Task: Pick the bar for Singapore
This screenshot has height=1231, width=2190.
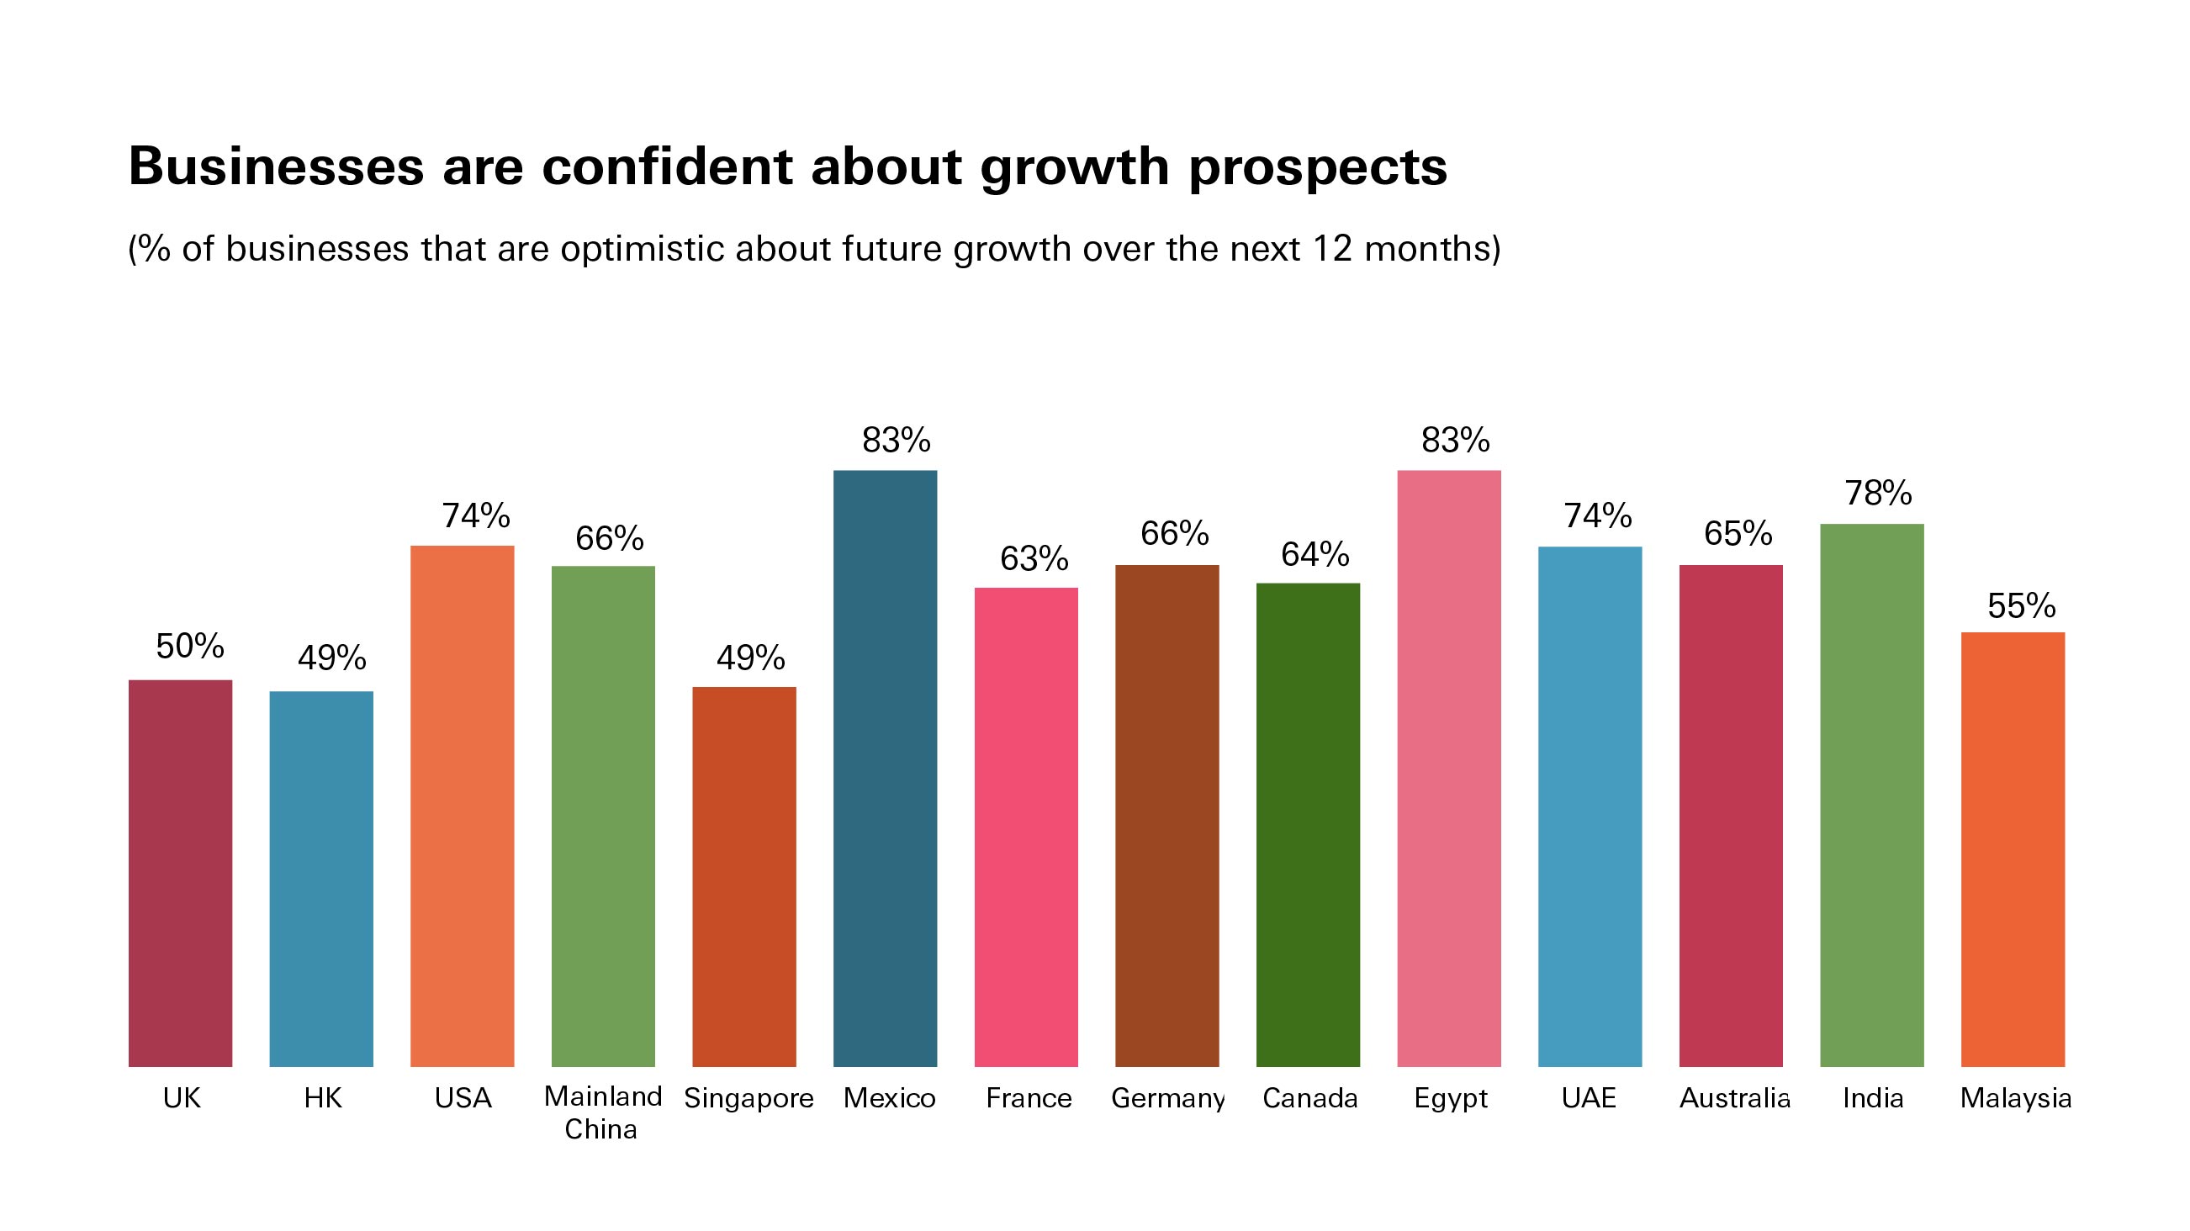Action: pyautogui.click(x=744, y=876)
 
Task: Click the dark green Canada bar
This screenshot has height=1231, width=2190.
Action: pyautogui.click(x=1308, y=825)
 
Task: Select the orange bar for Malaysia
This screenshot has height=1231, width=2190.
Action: pyautogui.click(x=2013, y=849)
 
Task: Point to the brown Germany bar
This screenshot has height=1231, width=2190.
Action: pyautogui.click(x=1166, y=816)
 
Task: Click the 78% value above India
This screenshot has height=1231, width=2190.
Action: pyautogui.click(x=1878, y=493)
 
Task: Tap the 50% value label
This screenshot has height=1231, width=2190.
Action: pyautogui.click(x=189, y=647)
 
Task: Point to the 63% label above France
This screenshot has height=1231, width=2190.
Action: pyautogui.click(x=1034, y=558)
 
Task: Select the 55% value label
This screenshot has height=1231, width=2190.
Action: pyautogui.click(x=2021, y=606)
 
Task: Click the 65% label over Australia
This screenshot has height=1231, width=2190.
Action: pyautogui.click(x=1738, y=534)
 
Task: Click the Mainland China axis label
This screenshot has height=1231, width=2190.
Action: pyautogui.click(x=602, y=1112)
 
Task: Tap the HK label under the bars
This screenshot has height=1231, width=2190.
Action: pyautogui.click(x=322, y=1098)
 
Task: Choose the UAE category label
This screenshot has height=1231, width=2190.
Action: pyautogui.click(x=1588, y=1098)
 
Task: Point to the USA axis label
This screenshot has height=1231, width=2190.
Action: pyautogui.click(x=463, y=1098)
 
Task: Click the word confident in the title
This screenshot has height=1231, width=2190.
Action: pyautogui.click(x=667, y=166)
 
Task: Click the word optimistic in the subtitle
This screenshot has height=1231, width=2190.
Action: pyautogui.click(x=642, y=249)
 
